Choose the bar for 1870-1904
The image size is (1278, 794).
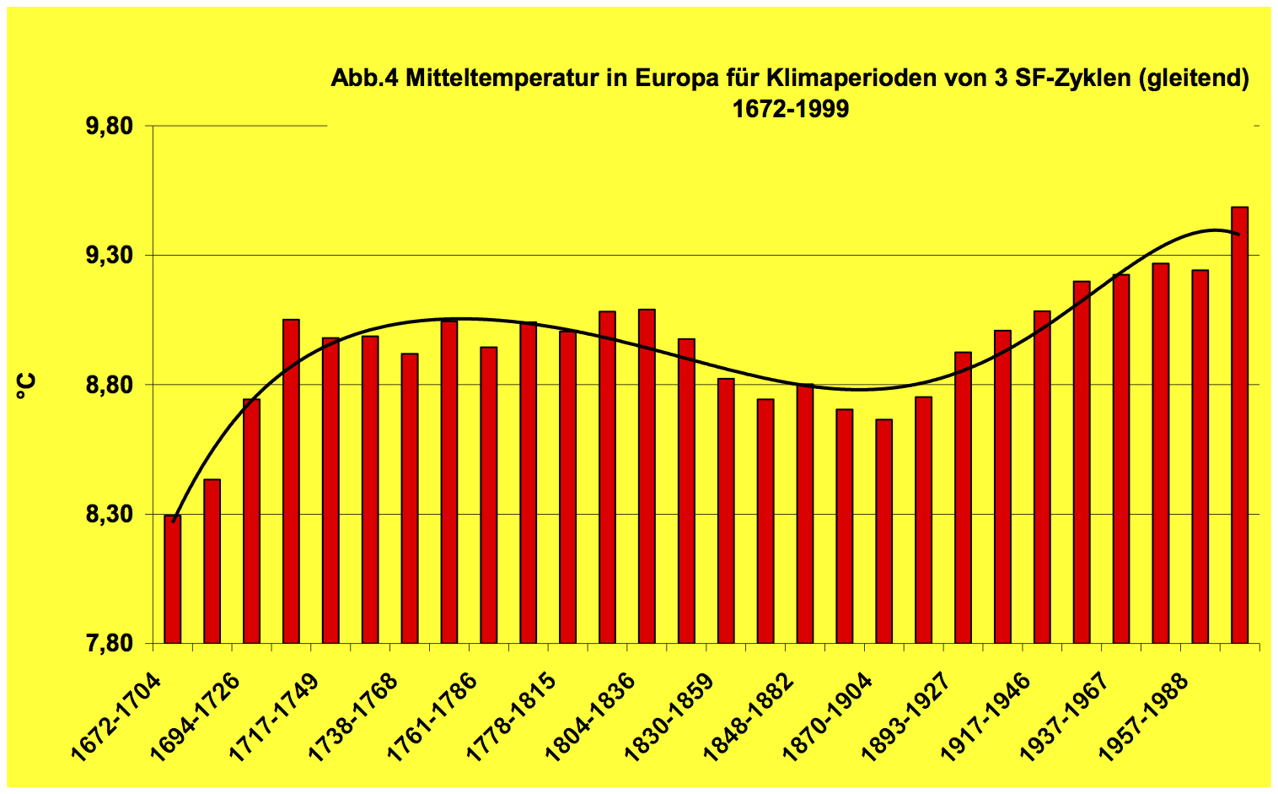tap(883, 531)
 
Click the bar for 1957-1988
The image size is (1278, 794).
tap(1200, 456)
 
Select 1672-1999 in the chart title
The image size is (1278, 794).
tap(790, 109)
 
